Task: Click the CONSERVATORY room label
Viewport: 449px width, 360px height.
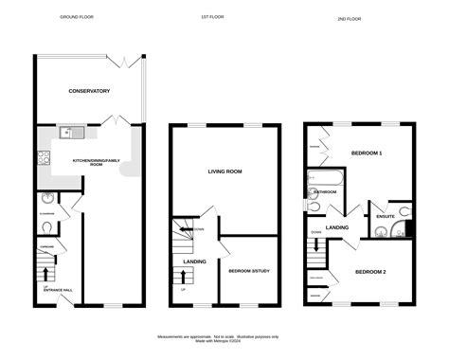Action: [89, 91]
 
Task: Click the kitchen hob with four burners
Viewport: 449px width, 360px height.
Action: [45, 156]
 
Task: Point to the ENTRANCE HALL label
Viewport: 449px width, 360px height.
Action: [57, 290]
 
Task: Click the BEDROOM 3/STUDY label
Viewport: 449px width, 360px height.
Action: [249, 272]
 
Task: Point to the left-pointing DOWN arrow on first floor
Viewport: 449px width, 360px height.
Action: [197, 229]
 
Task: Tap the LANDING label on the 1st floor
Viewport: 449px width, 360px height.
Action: [194, 262]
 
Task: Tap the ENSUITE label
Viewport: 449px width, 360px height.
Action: [385, 216]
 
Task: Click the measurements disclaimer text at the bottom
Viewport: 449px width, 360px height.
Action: [224, 338]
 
